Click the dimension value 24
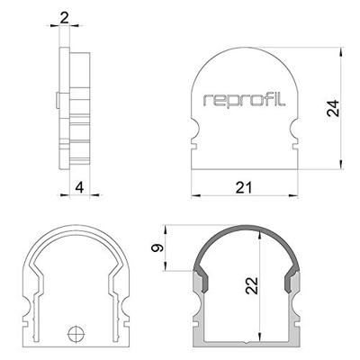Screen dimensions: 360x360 click(x=333, y=109)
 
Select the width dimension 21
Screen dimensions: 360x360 click(x=244, y=186)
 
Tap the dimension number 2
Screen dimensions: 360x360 click(x=63, y=17)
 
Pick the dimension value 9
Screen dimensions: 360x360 click(x=157, y=248)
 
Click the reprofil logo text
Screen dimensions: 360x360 click(x=245, y=100)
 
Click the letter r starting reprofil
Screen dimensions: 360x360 click(x=208, y=102)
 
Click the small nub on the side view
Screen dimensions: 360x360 click(x=57, y=96)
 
